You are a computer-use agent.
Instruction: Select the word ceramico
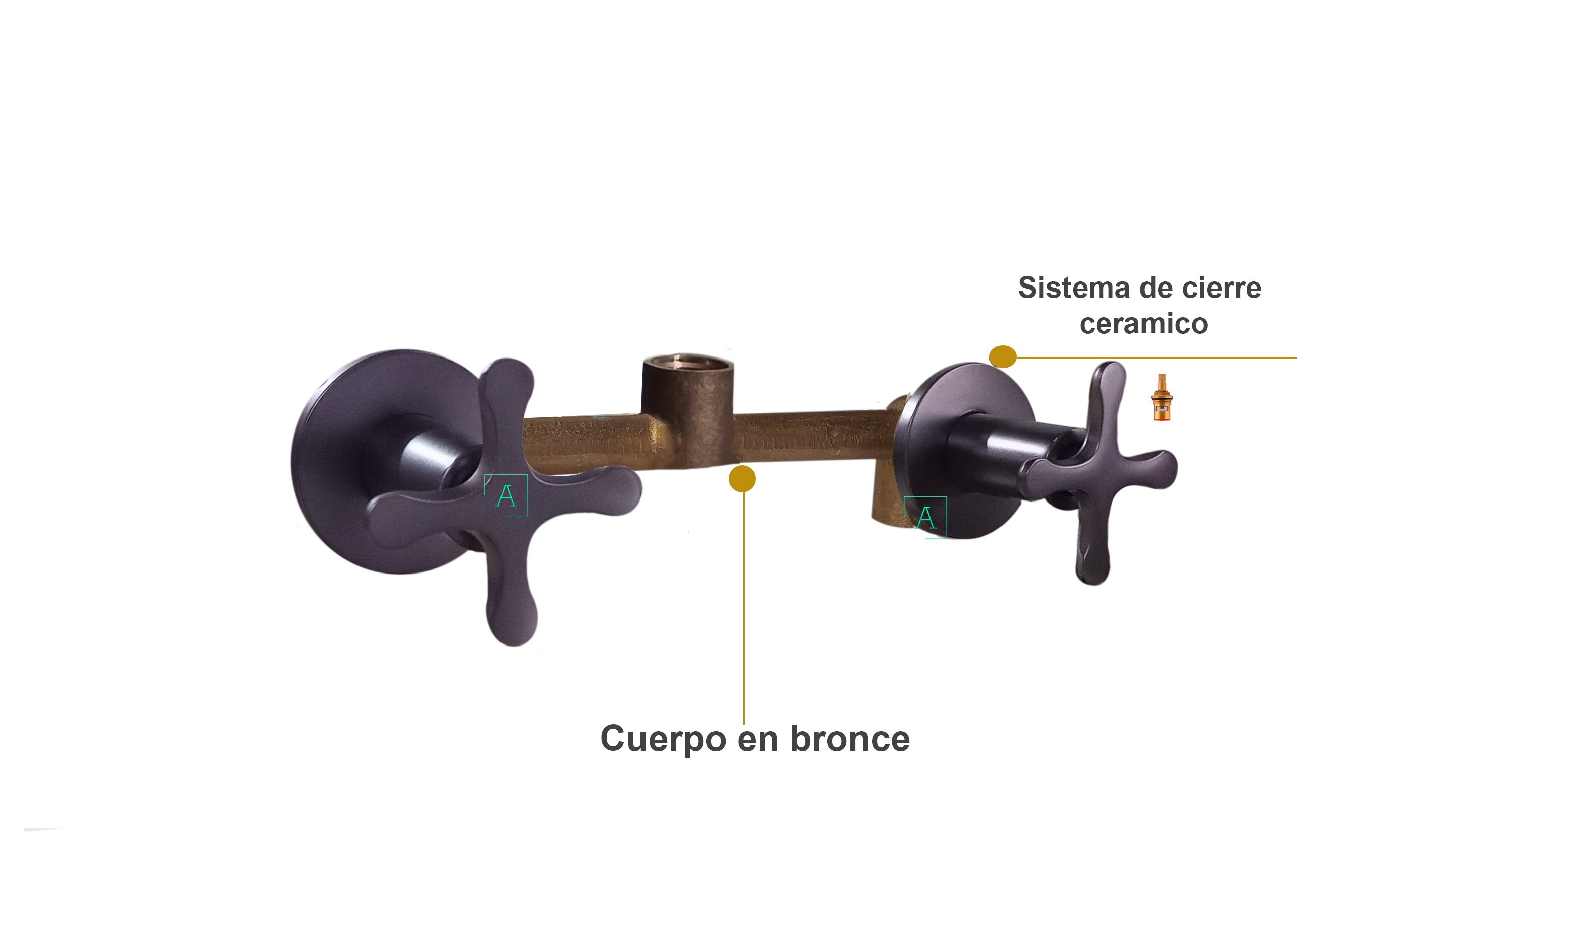point(1143,324)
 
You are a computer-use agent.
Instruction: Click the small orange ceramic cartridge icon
point(1161,397)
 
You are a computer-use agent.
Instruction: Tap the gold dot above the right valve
point(1002,357)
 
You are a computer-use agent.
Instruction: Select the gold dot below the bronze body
point(742,479)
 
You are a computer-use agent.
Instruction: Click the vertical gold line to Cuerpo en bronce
point(744,609)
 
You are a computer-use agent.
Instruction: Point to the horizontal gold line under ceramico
point(1157,357)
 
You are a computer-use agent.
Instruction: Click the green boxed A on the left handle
point(506,495)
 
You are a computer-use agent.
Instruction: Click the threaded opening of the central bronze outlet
point(688,362)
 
